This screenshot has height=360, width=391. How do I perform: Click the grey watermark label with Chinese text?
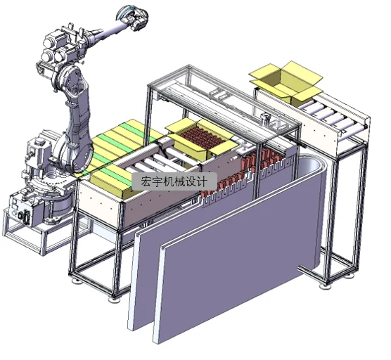174,181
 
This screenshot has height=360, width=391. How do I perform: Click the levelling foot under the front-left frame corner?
114,298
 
